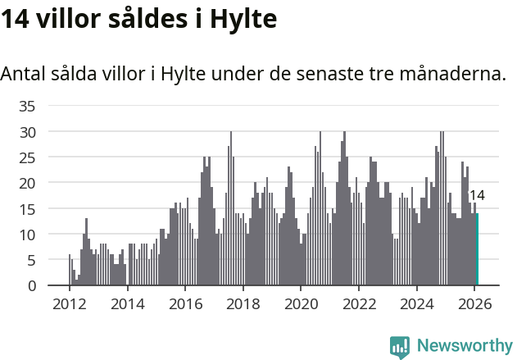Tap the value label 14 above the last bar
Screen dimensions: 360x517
(477, 195)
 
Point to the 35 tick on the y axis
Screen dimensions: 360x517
(28, 106)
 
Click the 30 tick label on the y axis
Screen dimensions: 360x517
(28, 132)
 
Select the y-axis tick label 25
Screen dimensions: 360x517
(28, 157)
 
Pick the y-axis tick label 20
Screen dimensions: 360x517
(28, 183)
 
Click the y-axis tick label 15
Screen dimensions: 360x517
(28, 209)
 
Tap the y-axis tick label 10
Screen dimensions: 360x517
(28, 235)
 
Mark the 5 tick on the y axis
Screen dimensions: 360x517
(31, 260)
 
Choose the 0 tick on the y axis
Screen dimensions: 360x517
(31, 286)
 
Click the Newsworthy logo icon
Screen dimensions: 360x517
(400, 347)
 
